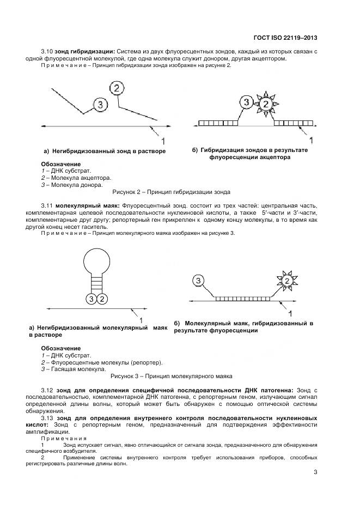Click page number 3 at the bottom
tap(315, 472)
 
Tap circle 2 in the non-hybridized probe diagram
tap(117, 88)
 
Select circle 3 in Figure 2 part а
tap(100, 105)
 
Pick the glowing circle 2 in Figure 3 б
tap(286, 281)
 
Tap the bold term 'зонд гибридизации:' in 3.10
tap(84, 51)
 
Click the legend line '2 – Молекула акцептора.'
tap(76, 178)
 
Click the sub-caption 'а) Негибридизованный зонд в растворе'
tap(105, 150)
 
